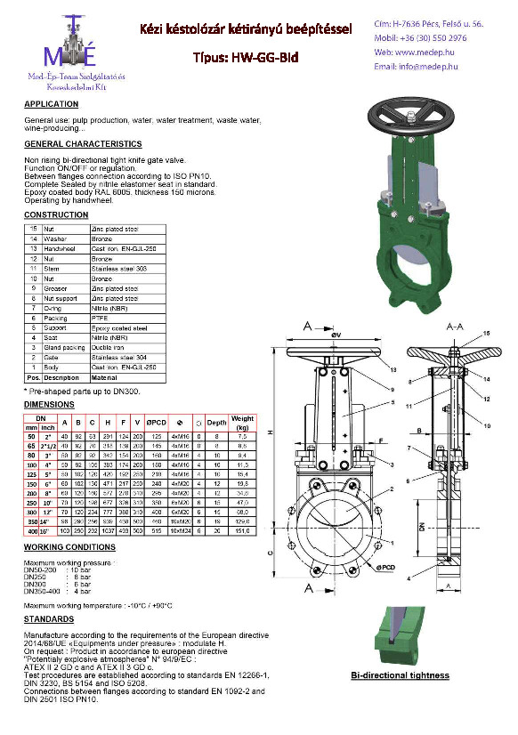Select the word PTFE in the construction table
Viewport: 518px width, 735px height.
point(103,317)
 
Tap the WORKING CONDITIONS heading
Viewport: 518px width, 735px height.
point(69,546)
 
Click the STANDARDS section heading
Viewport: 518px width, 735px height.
point(49,618)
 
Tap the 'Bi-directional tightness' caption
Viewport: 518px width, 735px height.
point(400,676)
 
